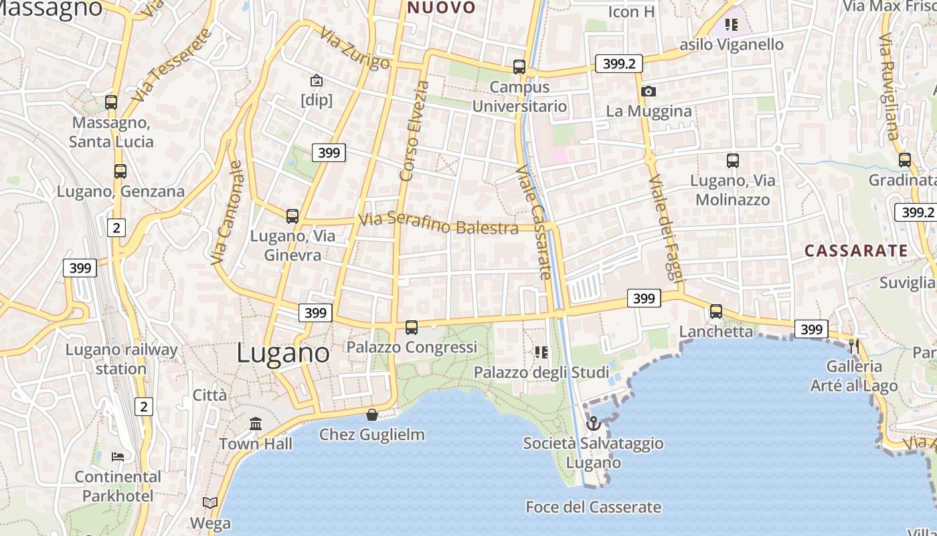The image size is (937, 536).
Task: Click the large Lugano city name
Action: pyautogui.click(x=283, y=353)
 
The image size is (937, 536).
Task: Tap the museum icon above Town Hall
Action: pyautogui.click(x=256, y=424)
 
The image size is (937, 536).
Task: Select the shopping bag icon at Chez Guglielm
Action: pyautogui.click(x=372, y=415)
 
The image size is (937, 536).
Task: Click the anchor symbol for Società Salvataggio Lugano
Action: pyautogui.click(x=593, y=423)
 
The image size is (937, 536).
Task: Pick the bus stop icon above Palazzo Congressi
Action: pyautogui.click(x=412, y=328)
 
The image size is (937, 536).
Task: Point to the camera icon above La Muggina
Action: pyautogui.click(x=648, y=92)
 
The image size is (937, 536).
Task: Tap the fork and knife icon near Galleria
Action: pyautogui.click(x=854, y=346)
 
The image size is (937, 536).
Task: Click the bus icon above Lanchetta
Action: pyautogui.click(x=716, y=312)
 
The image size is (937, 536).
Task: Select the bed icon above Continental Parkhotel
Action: pyautogui.click(x=118, y=457)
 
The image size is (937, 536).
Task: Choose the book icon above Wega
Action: pyautogui.click(x=210, y=503)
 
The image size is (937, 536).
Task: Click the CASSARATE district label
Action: pyautogui.click(x=856, y=251)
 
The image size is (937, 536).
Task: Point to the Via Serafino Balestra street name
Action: pyautogui.click(x=438, y=224)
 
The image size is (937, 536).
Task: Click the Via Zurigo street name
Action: pyautogui.click(x=354, y=48)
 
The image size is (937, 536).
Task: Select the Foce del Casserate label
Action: pyautogui.click(x=593, y=507)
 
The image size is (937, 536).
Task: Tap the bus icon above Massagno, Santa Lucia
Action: pyautogui.click(x=111, y=103)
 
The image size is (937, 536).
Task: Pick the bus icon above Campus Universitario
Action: pyautogui.click(x=519, y=67)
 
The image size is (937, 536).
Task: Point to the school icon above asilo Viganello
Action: pyautogui.click(x=732, y=25)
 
